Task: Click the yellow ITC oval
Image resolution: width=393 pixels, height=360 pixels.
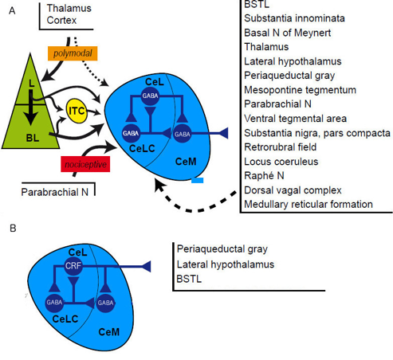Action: [x=77, y=111]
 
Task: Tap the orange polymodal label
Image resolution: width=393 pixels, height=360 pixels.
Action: [x=73, y=53]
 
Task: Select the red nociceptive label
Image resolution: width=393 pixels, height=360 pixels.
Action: [x=85, y=164]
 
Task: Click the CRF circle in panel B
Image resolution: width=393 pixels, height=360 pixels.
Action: [x=73, y=265]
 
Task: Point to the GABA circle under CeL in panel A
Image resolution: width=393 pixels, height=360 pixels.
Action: [x=150, y=96]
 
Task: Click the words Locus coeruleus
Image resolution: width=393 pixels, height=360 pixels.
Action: [x=281, y=162]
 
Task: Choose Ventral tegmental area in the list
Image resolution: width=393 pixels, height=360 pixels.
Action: [x=295, y=119]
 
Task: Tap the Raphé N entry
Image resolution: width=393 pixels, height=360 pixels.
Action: [x=264, y=175]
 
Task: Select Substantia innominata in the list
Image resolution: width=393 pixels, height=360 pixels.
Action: [x=294, y=18]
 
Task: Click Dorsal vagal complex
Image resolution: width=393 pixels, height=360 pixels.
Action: [x=293, y=190]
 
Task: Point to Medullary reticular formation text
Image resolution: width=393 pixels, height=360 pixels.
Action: [x=309, y=204]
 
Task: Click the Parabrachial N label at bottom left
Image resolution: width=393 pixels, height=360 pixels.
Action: [x=54, y=192]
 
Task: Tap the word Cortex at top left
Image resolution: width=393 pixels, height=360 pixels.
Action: [x=61, y=20]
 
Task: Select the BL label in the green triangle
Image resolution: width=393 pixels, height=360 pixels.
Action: [x=33, y=138]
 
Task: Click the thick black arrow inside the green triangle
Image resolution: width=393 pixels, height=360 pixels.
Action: [x=31, y=108]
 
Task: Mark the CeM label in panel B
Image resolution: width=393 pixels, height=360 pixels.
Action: [x=109, y=332]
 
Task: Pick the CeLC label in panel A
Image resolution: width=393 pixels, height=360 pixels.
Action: [x=142, y=148]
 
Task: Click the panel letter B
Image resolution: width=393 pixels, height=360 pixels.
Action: [x=13, y=229]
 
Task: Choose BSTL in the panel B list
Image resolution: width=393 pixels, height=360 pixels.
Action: [x=189, y=279]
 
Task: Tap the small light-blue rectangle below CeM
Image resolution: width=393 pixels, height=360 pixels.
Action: [x=198, y=180]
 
